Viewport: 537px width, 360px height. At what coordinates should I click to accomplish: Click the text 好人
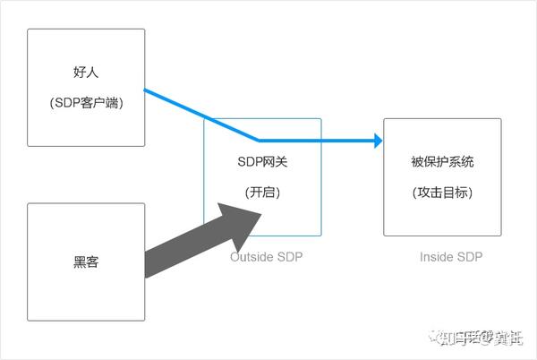pyautogui.click(x=85, y=73)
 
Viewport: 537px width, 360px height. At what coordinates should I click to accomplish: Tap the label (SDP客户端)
pyautogui.click(x=86, y=103)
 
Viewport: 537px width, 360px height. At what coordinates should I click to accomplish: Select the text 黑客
pyautogui.click(x=85, y=263)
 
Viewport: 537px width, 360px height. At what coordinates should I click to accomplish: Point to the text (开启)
pyautogui.click(x=262, y=193)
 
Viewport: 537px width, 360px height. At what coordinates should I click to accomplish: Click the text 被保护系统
pyautogui.click(x=442, y=162)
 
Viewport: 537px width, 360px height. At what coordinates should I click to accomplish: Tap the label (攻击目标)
pyautogui.click(x=442, y=193)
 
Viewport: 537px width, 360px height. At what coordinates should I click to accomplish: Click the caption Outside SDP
pyautogui.click(x=267, y=257)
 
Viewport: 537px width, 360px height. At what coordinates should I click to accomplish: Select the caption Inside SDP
pyautogui.click(x=451, y=257)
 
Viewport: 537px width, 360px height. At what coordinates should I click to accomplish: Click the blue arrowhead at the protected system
pyautogui.click(x=377, y=141)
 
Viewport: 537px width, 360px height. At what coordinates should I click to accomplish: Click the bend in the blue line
pyautogui.click(x=259, y=141)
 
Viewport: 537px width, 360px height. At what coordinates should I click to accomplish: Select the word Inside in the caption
pyautogui.click(x=436, y=257)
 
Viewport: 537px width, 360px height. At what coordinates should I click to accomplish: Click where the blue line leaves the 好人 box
pyautogui.click(x=145, y=90)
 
